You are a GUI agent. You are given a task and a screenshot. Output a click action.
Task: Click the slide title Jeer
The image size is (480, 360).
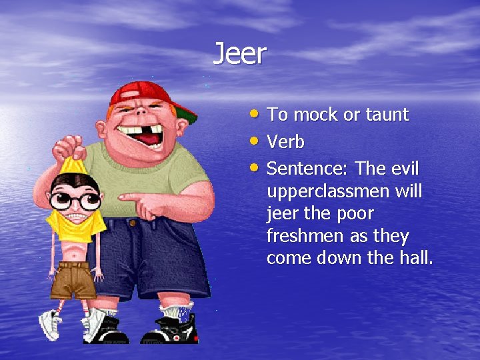click(x=239, y=53)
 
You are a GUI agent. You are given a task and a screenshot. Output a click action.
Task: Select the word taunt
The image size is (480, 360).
click(x=387, y=115)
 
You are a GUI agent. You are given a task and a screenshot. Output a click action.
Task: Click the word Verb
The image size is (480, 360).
click(x=285, y=142)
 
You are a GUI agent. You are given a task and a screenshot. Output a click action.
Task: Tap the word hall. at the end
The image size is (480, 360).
click(x=415, y=259)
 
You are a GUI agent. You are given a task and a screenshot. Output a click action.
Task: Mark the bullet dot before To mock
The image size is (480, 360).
click(x=255, y=114)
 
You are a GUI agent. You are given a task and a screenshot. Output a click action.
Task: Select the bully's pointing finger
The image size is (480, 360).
click(x=127, y=197)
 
